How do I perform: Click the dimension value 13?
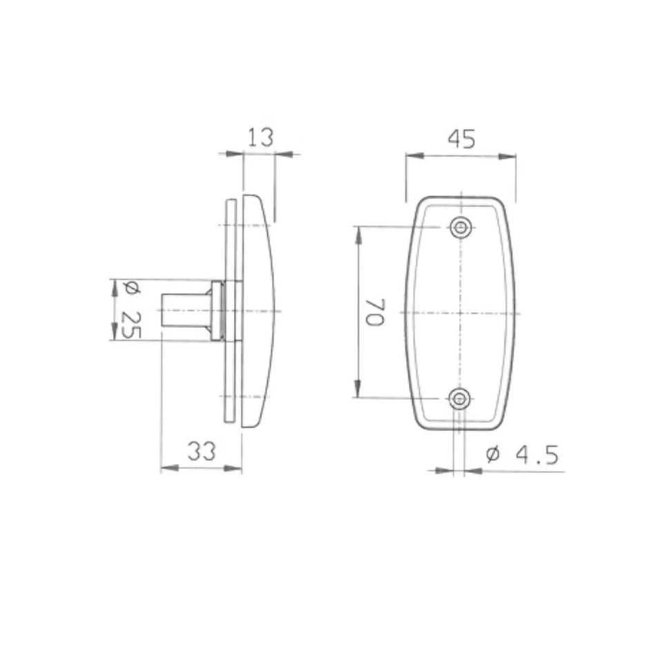pos(260,138)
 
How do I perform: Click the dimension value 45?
pos(461,139)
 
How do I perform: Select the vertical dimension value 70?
pos(374,312)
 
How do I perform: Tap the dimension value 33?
pos(202,452)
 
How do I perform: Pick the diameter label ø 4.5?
pos(521,455)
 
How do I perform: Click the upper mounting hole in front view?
pos(460,227)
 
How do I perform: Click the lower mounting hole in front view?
pos(460,398)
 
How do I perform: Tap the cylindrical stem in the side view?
pos(184,311)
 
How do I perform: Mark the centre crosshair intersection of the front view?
pos(460,313)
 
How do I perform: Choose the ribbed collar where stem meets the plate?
pos(218,311)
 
